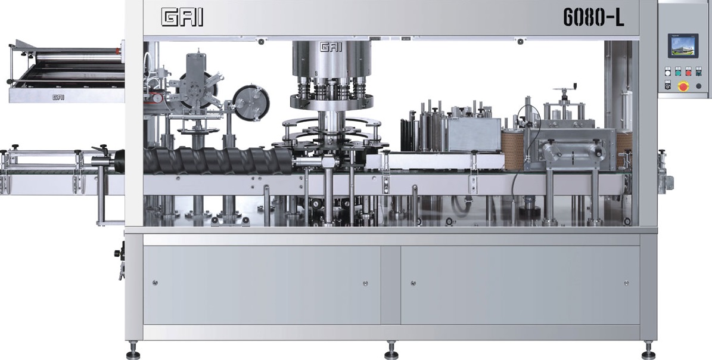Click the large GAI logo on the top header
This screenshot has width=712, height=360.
182,18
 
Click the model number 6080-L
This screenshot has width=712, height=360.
593,17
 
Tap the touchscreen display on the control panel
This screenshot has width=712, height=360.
682,46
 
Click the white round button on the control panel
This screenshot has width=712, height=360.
667,72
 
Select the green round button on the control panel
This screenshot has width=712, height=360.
678,72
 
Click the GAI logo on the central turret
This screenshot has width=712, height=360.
331,46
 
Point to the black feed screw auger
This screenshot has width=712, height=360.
218,161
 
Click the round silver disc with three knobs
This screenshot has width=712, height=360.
251,103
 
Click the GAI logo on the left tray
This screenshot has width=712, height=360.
58,97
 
